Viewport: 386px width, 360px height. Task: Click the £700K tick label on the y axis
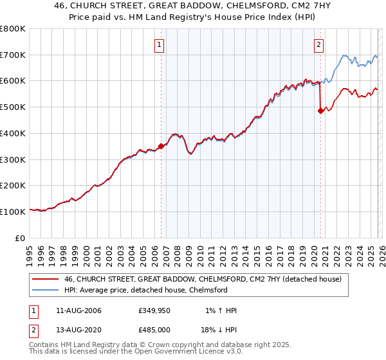tap(13, 55)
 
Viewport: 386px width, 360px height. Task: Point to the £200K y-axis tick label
tap(13, 185)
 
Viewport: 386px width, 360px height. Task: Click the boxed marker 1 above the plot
tap(160, 44)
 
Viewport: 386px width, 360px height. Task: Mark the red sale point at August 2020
tap(320, 111)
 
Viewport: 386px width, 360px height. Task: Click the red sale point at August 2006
tap(161, 147)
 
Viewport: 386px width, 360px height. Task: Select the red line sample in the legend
tap(46, 279)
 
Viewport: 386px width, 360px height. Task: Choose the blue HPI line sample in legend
tap(46, 290)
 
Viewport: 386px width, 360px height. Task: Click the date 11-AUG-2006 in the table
tap(78, 310)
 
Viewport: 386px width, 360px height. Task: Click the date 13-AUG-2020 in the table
tap(78, 330)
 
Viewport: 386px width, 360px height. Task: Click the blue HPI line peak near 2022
tap(345, 56)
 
